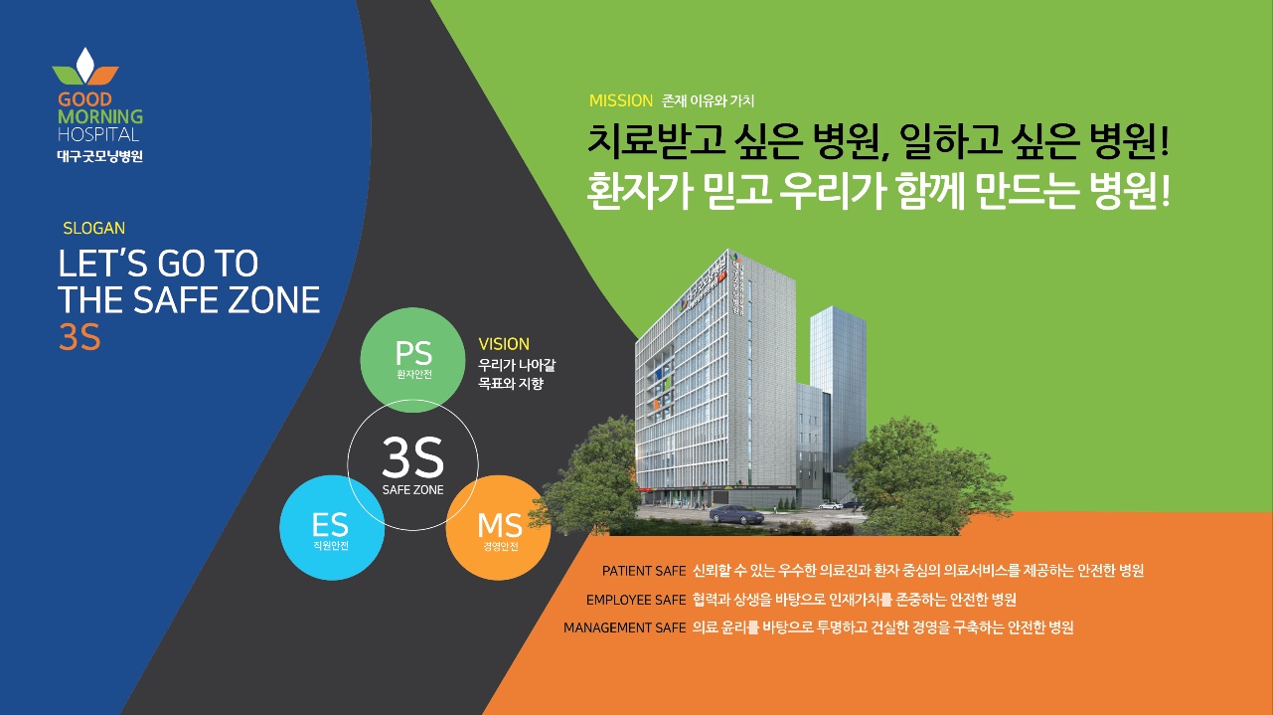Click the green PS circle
(x=412, y=360)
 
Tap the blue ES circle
(x=332, y=527)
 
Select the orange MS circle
(x=499, y=527)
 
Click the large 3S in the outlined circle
(x=412, y=457)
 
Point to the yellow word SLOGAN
(x=93, y=228)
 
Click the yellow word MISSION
(x=620, y=100)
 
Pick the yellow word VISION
(x=504, y=344)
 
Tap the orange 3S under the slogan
(x=80, y=337)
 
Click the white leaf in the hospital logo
(x=85, y=64)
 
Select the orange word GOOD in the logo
(x=84, y=99)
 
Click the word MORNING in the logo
(x=100, y=116)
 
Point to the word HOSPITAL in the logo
(x=98, y=135)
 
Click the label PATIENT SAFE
(x=644, y=571)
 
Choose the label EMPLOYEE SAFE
(x=636, y=600)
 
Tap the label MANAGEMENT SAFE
(x=624, y=627)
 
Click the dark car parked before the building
(x=736, y=514)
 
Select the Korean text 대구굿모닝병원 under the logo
(x=100, y=156)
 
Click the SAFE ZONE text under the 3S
(x=412, y=489)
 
